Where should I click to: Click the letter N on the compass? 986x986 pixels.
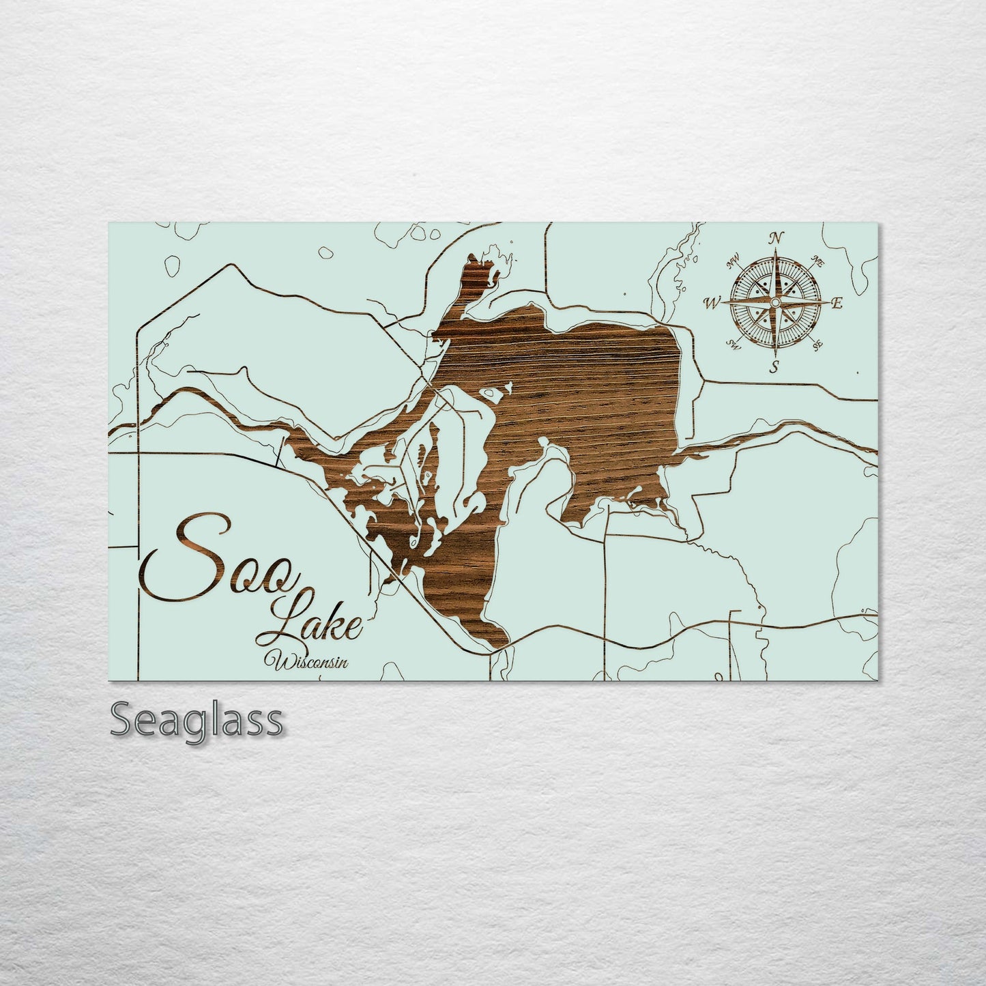[775, 238]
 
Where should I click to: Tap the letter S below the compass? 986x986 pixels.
[774, 368]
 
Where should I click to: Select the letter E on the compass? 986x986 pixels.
[838, 304]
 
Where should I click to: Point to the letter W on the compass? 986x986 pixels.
[712, 302]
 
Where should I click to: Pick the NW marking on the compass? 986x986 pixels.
[734, 259]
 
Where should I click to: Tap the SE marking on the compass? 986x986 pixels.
[818, 345]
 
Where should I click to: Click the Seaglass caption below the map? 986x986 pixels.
[197, 721]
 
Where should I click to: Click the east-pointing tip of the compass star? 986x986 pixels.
[827, 302]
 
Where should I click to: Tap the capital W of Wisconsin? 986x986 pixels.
[280, 660]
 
